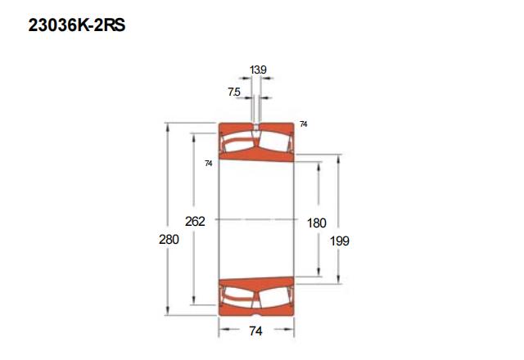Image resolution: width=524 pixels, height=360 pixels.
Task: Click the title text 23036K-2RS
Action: click(x=77, y=25)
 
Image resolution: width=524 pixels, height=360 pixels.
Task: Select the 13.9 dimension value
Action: click(x=258, y=70)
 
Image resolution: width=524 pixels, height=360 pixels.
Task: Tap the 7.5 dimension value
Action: click(x=234, y=92)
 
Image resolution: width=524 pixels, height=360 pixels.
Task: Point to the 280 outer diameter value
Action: click(x=169, y=240)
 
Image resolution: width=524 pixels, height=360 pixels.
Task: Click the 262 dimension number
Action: click(x=195, y=221)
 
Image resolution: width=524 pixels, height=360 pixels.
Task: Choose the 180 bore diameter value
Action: click(x=317, y=223)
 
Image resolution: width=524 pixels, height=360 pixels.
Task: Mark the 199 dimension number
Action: click(x=340, y=241)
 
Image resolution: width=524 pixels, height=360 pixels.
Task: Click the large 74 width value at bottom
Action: click(x=255, y=331)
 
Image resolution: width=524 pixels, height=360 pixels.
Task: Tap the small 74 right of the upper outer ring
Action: click(x=304, y=124)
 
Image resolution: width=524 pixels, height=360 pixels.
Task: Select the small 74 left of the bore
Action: click(x=209, y=164)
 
